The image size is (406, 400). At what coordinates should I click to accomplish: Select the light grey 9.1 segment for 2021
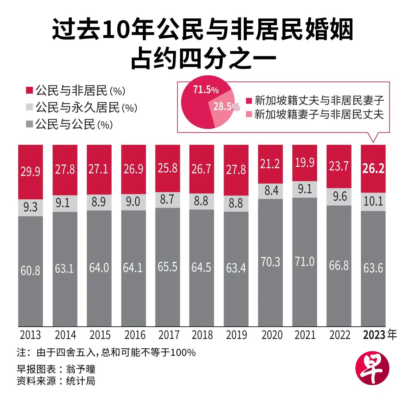[x=305, y=189]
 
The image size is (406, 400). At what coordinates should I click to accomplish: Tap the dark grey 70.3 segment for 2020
[x=270, y=262]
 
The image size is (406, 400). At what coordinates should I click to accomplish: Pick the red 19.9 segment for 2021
[x=305, y=163]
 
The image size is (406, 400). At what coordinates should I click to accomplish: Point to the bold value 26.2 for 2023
[x=373, y=169]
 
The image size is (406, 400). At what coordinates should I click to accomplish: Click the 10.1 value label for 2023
[x=373, y=201]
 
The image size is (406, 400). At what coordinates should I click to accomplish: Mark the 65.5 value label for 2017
[x=167, y=267]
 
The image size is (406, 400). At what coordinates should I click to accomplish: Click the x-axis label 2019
[x=236, y=335]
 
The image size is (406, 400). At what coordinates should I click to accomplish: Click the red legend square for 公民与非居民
[x=30, y=90]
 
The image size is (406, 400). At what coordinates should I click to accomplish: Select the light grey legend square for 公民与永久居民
[x=30, y=107]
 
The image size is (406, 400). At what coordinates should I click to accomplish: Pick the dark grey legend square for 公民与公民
[x=30, y=124]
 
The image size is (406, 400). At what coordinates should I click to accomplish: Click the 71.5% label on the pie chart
[x=206, y=90]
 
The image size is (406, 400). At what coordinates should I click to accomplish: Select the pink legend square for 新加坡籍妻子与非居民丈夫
[x=249, y=114]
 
